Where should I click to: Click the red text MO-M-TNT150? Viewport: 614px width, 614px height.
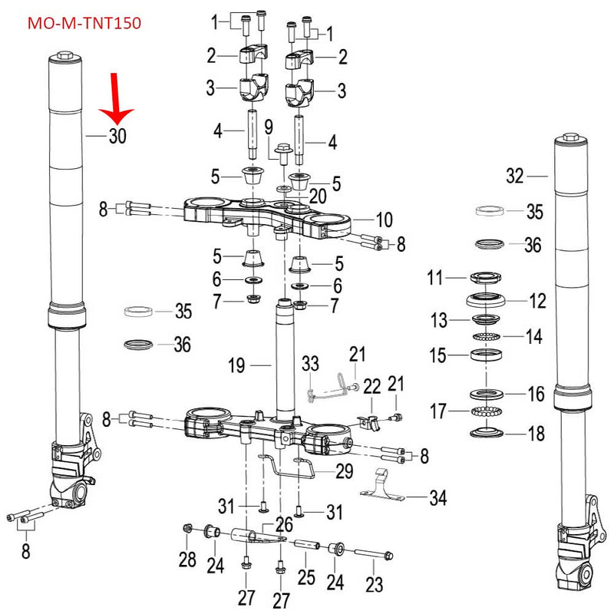point(84,23)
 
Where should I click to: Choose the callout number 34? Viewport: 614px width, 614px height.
point(437,500)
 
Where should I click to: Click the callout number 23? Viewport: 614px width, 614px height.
point(373,585)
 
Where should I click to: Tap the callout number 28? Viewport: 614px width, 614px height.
point(187,560)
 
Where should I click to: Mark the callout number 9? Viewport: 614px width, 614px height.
point(269,127)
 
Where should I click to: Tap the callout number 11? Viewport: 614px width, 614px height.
point(435,278)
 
